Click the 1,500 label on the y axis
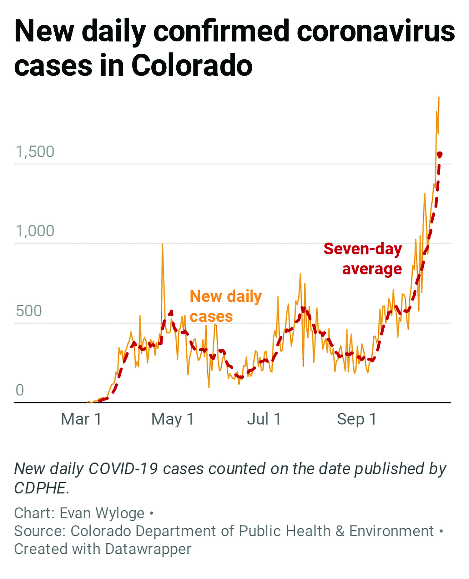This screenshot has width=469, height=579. point(35,152)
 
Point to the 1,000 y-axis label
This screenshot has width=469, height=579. point(35,231)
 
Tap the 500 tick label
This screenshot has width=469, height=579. point(29,311)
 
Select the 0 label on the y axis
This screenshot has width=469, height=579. point(20,390)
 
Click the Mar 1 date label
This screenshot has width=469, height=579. point(81,419)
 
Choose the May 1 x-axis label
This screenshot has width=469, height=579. point(173,419)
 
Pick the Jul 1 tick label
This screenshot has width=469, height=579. point(264,419)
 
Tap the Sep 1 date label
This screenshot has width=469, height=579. point(356,419)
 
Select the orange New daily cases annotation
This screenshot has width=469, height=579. point(225,306)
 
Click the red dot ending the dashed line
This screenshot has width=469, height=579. point(440,154)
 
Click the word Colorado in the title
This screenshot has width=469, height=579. point(192,66)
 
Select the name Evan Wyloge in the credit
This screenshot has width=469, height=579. point(102,513)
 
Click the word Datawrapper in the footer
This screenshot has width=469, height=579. point(148,549)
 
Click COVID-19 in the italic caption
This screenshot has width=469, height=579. point(123,469)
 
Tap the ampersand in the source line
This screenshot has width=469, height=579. point(340,531)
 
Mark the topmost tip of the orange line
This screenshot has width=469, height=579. point(439,97)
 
